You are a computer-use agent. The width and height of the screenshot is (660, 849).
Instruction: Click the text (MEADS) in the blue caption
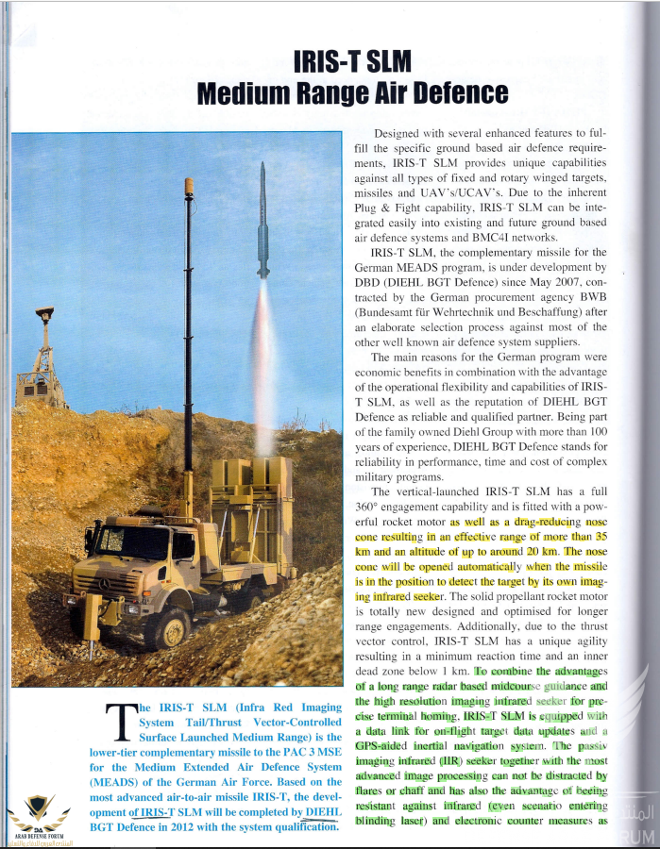coord(118,782)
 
